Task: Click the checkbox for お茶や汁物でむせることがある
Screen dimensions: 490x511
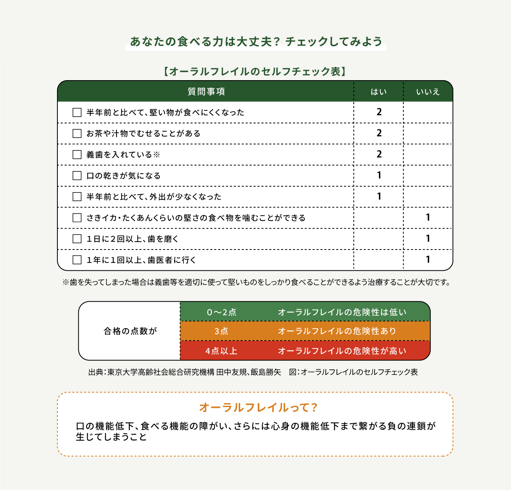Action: pos(77,134)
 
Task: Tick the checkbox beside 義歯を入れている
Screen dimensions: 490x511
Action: pos(77,155)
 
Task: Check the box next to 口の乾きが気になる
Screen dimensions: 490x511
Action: pos(77,176)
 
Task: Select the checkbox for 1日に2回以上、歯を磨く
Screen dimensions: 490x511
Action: pos(77,239)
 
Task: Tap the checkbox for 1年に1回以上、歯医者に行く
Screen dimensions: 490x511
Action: pos(77,260)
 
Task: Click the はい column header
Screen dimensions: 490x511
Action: pos(379,92)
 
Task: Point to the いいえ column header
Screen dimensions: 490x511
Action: pos(428,92)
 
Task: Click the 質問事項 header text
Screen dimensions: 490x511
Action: pos(206,92)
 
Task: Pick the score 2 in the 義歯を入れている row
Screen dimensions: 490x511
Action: pos(379,154)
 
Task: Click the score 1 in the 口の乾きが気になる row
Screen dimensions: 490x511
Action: pos(379,175)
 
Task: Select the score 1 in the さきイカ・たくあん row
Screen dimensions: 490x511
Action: pos(428,218)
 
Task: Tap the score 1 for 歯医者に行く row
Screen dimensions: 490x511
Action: pos(428,260)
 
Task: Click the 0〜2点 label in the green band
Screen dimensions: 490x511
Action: pos(222,312)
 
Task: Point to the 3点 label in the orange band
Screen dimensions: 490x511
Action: pos(221,331)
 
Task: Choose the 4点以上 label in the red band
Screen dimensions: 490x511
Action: pos(221,351)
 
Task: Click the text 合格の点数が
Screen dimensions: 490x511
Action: pos(130,331)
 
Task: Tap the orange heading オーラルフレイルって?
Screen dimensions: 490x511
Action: pos(258,407)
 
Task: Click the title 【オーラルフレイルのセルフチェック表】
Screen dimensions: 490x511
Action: pos(255,72)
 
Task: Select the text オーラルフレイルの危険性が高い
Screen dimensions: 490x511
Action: pos(342,351)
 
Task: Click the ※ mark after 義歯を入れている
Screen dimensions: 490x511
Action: pos(156,155)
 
